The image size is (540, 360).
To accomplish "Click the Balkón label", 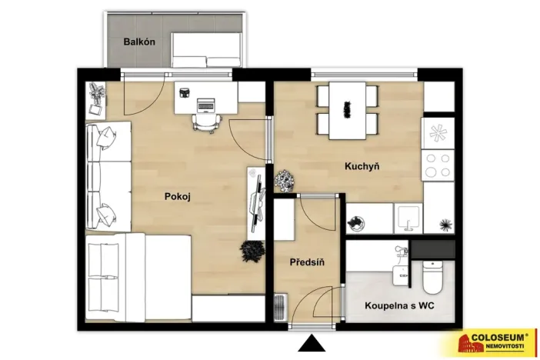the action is (139, 42).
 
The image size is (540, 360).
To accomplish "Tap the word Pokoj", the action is (178, 197).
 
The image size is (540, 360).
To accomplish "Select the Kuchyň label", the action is (362, 166).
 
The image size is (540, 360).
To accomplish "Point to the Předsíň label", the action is (307, 262).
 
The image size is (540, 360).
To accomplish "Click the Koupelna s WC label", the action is (399, 305).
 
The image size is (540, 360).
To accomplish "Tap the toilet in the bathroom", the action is (432, 278).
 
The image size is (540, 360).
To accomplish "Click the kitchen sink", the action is (408, 218).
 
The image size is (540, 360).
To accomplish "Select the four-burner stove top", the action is (438, 165).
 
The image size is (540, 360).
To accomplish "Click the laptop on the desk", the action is (205, 105).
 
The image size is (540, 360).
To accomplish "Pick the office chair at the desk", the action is (207, 122).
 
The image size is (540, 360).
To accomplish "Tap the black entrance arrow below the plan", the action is (312, 343).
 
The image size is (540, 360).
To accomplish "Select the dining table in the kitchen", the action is (347, 111).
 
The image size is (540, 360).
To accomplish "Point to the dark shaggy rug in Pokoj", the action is (252, 251).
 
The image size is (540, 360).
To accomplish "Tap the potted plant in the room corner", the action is (97, 92).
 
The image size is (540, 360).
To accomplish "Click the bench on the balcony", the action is (206, 50).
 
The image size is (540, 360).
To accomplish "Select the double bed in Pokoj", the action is (138, 278).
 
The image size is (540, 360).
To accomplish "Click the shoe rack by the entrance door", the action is (280, 307).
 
